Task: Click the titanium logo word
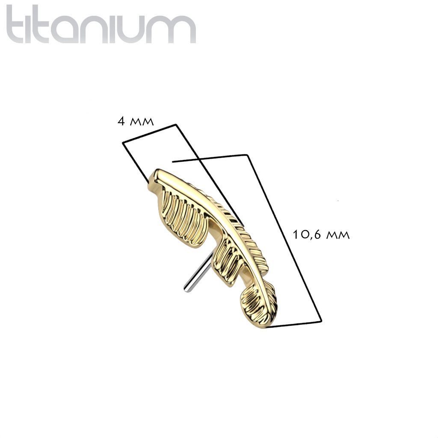pos(101,24)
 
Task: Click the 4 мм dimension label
pos(136,121)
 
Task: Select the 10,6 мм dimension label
pos(321,235)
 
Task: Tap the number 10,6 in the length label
pos(306,235)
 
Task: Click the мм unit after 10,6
pos(338,236)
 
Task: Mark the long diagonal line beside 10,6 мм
pos(284,237)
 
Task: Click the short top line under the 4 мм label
pos(149,133)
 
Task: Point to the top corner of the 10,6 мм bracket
pos(248,154)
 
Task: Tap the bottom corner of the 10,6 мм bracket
pos(322,321)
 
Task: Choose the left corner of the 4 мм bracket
pos(123,143)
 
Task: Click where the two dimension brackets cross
pos(198,159)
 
